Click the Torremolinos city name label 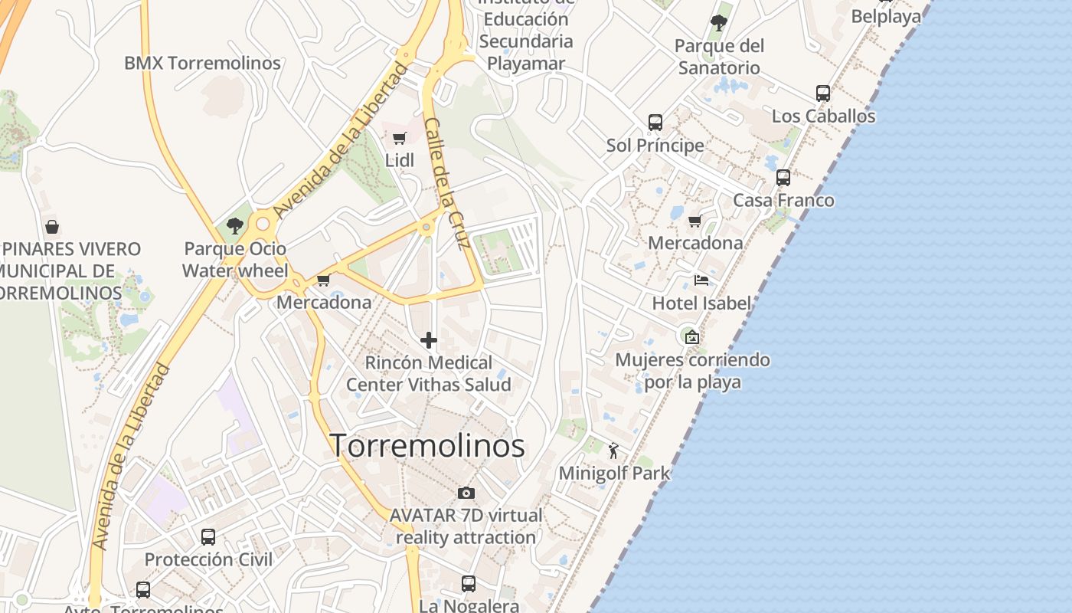(x=427, y=446)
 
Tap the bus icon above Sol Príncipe (x=655, y=123)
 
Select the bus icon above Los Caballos (x=823, y=93)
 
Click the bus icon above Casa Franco (x=783, y=178)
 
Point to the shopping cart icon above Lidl (x=399, y=139)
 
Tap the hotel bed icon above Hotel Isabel (x=701, y=280)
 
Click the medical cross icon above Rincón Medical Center (x=429, y=340)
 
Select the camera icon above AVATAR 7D (x=466, y=493)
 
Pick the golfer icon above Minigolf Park (x=613, y=451)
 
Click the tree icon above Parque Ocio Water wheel (x=235, y=226)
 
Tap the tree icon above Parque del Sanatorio (x=718, y=23)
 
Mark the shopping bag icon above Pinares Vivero (x=52, y=227)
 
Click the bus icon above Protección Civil (x=208, y=536)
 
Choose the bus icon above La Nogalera (x=469, y=584)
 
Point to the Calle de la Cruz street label (x=446, y=184)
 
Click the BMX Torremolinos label (x=202, y=63)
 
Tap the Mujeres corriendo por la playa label (x=693, y=370)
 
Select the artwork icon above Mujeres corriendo (x=691, y=336)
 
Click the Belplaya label (x=886, y=16)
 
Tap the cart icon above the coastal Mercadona (x=695, y=221)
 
